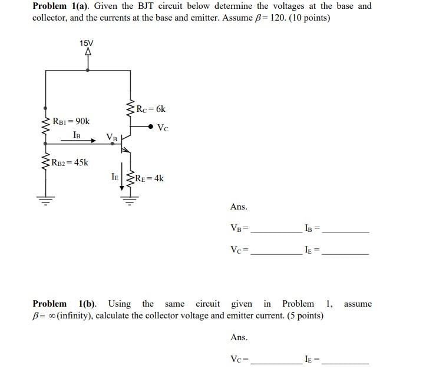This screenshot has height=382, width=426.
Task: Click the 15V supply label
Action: coord(87,43)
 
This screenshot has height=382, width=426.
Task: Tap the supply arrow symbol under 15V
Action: coord(88,52)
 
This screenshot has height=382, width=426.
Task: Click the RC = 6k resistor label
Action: coord(151,109)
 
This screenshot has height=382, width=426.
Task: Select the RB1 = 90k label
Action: coord(71,121)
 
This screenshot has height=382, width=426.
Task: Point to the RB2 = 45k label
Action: coord(70,162)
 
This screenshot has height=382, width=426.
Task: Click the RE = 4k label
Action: coord(149,178)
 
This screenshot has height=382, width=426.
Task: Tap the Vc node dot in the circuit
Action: coord(151,127)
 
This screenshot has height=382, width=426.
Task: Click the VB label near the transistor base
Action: coord(111,137)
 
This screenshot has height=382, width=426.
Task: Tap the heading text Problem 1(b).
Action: coord(64,304)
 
